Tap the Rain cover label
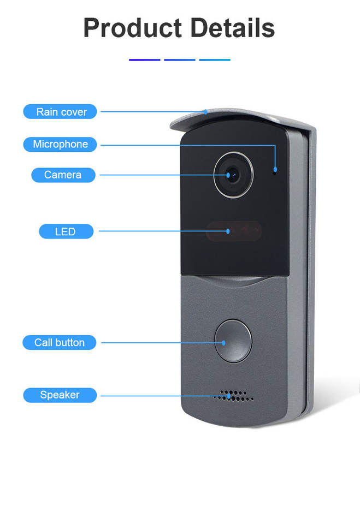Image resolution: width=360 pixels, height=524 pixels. click(61, 112)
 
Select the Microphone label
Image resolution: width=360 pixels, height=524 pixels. click(60, 144)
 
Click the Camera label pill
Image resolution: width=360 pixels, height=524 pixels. click(62, 175)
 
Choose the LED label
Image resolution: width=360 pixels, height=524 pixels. click(66, 231)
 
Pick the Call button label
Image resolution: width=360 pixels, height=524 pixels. click(60, 342)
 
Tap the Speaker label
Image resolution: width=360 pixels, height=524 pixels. click(60, 395)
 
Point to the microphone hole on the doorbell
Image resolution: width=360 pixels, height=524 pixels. click(275, 170)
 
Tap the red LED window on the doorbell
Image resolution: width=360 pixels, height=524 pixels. click(234, 231)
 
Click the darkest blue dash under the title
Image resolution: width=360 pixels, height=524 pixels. click(145, 59)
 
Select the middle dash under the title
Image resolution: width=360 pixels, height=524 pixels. click(180, 59)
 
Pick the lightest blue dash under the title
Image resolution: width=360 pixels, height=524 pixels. click(215, 59)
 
